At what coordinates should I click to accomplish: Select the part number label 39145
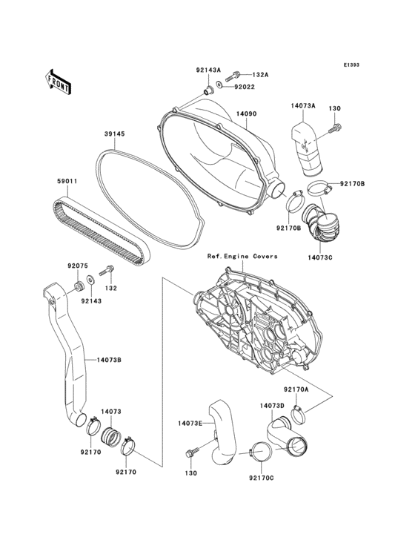[x=113, y=134]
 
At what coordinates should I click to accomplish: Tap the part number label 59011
[x=67, y=180]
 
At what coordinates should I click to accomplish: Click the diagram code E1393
[x=351, y=65]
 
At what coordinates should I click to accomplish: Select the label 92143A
[x=208, y=70]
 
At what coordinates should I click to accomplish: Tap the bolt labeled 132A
[x=235, y=75]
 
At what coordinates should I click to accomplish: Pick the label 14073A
[x=302, y=106]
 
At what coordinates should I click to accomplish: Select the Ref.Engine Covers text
[x=242, y=256]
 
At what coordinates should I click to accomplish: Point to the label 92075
[x=78, y=266]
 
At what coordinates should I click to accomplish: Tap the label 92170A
[x=296, y=389]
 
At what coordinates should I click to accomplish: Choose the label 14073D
[x=271, y=406]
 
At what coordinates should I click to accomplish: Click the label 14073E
[x=190, y=423]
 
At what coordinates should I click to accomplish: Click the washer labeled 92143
[x=90, y=280]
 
